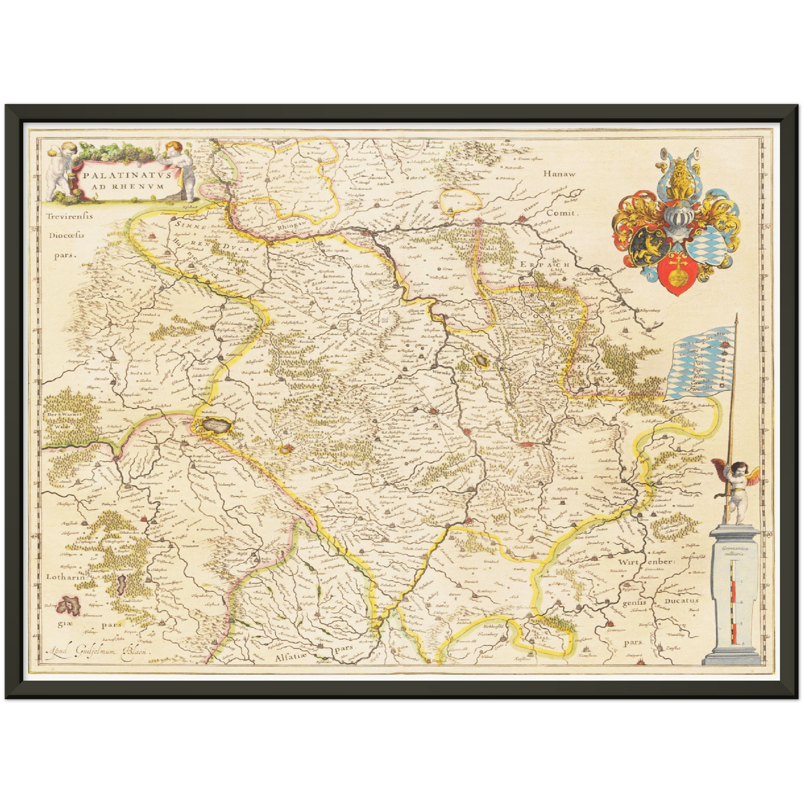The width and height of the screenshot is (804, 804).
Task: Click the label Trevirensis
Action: [x=70, y=216]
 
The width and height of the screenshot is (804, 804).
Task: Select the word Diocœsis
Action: [x=67, y=235]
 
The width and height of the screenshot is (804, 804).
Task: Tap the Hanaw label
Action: [x=560, y=174]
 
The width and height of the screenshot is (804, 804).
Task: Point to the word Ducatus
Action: [x=681, y=601]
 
